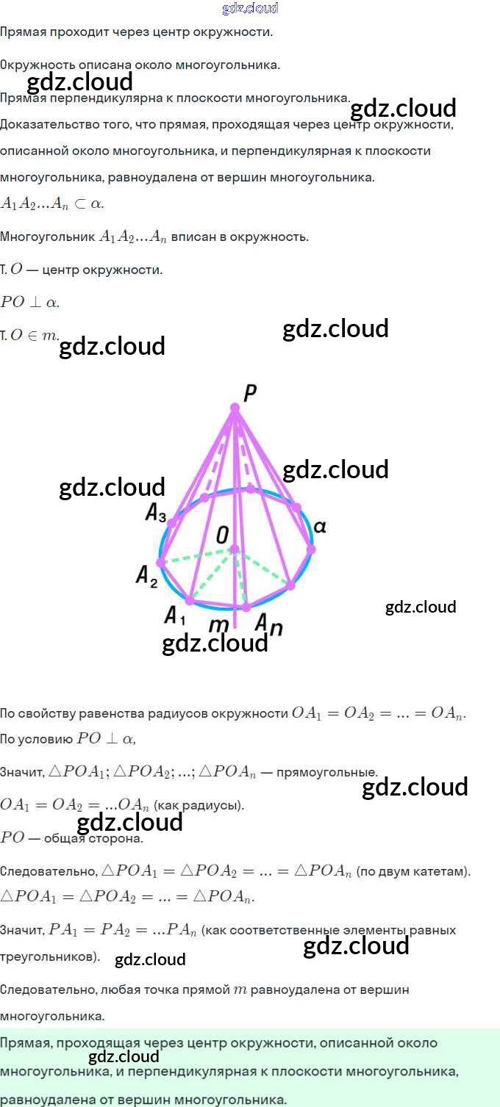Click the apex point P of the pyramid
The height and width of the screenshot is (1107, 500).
pyautogui.click(x=235, y=408)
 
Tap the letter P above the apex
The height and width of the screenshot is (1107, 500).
pyautogui.click(x=250, y=393)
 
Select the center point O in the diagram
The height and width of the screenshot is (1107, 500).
pyautogui.click(x=235, y=549)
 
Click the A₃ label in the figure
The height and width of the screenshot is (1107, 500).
pyautogui.click(x=156, y=513)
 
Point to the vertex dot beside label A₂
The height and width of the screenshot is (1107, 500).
pyautogui.click(x=161, y=563)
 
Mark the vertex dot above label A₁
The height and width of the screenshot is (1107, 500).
pyautogui.click(x=190, y=601)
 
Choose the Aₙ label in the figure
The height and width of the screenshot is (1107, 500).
pyautogui.click(x=268, y=625)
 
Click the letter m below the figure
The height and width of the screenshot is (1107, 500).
pyautogui.click(x=218, y=625)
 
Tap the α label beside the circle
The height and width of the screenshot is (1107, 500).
pyautogui.click(x=320, y=527)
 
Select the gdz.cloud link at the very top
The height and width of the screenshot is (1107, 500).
pyautogui.click(x=250, y=8)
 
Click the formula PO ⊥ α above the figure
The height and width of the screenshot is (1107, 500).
pyautogui.click(x=29, y=302)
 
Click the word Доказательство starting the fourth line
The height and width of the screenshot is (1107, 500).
pyautogui.click(x=49, y=124)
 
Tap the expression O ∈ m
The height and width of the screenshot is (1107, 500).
pyautogui.click(x=34, y=335)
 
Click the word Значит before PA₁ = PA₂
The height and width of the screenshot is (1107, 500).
pyautogui.click(x=22, y=930)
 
